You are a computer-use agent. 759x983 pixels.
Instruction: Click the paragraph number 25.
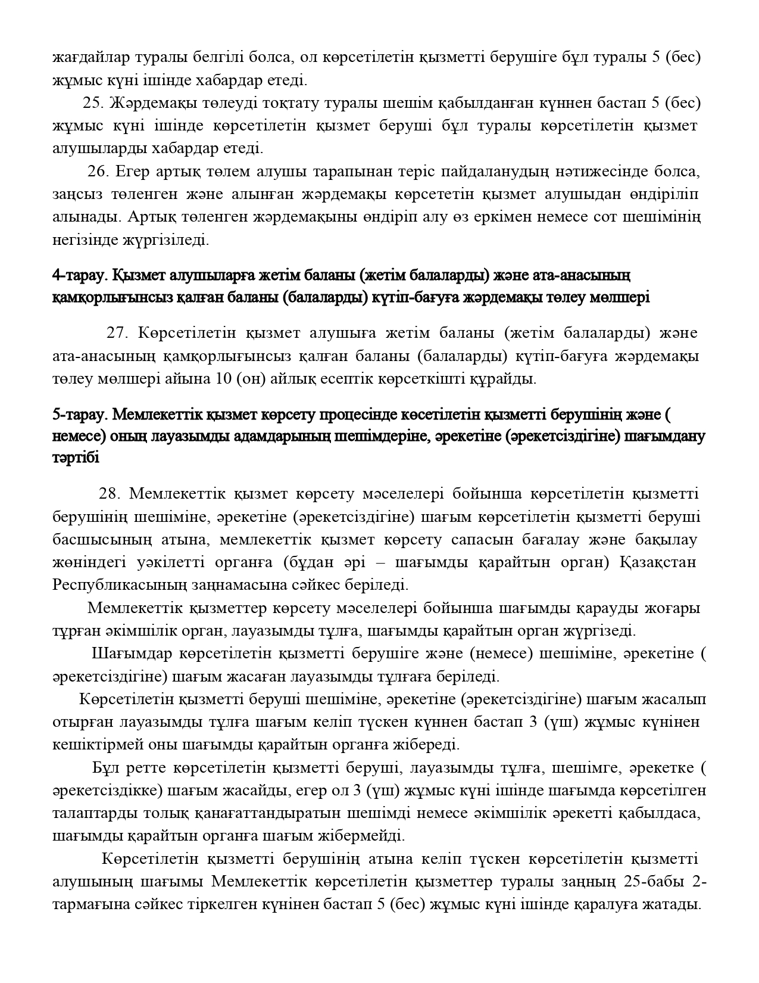(93, 102)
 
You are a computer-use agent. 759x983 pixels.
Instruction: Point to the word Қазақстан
(658, 562)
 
